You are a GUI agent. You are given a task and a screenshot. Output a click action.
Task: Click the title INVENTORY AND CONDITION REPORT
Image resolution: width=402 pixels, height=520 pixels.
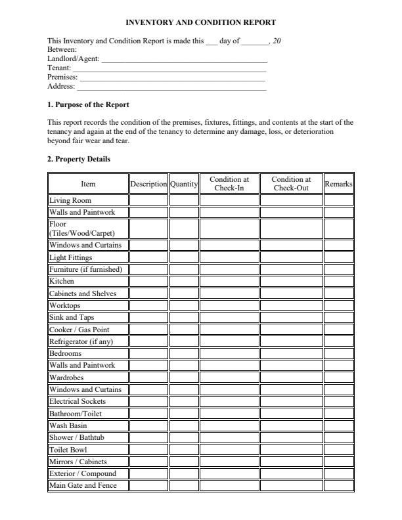pos(200,22)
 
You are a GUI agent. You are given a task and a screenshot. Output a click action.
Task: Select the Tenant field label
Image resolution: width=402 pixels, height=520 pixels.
pos(59,68)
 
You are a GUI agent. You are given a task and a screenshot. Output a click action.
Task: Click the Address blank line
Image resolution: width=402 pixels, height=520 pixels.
pos(171,87)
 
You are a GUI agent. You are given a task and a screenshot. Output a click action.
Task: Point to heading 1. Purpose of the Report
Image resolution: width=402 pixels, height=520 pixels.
pos(89,105)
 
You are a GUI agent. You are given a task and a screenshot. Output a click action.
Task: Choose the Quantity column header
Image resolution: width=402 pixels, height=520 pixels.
pos(184,184)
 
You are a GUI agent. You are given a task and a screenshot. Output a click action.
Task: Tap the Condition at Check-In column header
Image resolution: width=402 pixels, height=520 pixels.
pos(229,184)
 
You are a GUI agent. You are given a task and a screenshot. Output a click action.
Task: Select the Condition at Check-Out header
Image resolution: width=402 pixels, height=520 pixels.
pos(291,184)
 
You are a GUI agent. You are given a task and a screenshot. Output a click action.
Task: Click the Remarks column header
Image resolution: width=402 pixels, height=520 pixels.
pos(338,184)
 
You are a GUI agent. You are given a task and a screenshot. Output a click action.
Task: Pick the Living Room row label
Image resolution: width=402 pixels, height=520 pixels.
pos(70,200)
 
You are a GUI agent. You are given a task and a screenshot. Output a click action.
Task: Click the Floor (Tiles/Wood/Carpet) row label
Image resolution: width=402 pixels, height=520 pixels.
pos(81,228)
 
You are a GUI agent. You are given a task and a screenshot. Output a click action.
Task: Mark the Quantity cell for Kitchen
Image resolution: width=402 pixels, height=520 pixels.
pos(184,281)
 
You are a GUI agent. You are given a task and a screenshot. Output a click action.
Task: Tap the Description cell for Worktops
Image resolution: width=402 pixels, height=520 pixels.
pos(148,305)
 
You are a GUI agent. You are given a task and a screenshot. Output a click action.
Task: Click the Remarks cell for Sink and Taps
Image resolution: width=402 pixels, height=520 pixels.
pos(338,317)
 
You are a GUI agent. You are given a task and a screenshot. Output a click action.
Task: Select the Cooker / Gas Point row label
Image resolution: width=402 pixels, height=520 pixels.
pos(79,330)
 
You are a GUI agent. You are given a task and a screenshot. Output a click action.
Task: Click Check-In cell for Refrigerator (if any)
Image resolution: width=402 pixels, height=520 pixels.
pos(229,341)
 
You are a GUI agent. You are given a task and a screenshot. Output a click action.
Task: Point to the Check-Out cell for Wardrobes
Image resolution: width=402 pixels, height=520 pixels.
pos(291,378)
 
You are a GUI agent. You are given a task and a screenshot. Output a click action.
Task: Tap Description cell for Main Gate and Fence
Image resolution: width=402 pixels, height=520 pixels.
pos(148,486)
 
